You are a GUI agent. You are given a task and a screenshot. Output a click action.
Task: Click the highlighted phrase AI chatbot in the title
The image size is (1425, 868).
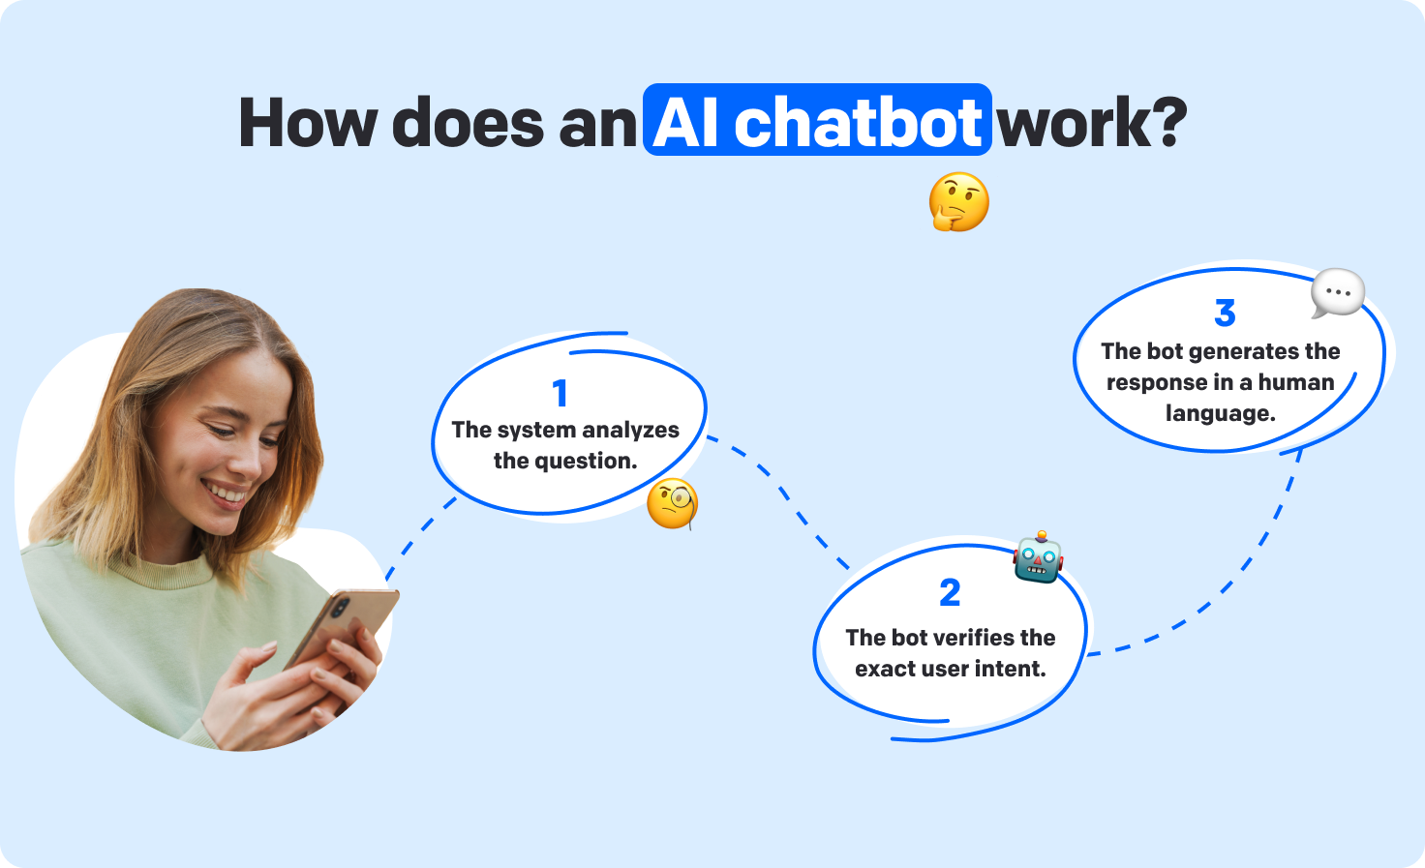[816, 122]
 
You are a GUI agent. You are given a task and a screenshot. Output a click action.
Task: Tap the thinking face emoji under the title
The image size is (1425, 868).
[958, 201]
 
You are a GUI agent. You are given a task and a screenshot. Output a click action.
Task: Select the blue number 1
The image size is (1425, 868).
[560, 394]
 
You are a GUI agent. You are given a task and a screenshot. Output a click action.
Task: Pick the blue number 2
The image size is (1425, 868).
[950, 592]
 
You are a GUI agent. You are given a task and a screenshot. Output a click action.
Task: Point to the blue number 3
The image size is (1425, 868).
[1225, 313]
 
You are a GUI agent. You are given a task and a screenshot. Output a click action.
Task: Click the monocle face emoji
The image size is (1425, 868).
[673, 503]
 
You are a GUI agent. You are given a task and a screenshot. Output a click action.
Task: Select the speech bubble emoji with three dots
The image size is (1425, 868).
[1338, 292]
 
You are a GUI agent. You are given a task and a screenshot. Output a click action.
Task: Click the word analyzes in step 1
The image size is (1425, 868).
[630, 430]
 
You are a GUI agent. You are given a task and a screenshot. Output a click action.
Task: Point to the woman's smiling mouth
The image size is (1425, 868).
[227, 495]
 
